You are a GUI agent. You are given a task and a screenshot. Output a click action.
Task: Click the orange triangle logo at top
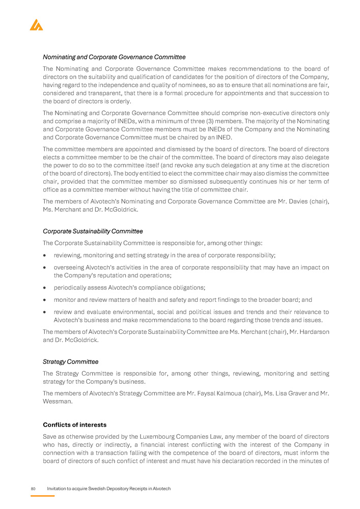(x=36, y=24)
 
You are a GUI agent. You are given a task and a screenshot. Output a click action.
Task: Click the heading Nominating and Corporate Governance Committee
(x=114, y=57)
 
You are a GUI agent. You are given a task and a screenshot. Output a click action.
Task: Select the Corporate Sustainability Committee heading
(x=93, y=231)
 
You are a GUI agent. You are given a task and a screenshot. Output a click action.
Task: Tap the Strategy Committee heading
(x=70, y=361)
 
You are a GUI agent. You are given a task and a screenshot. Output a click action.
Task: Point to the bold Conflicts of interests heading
(x=74, y=425)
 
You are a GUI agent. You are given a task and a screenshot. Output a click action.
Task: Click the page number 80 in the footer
(x=33, y=489)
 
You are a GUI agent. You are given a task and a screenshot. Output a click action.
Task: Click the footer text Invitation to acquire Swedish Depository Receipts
(x=108, y=489)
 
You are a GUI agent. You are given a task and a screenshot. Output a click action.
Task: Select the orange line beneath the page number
(x=42, y=495)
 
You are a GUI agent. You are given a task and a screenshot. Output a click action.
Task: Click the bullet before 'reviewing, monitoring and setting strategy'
(x=45, y=255)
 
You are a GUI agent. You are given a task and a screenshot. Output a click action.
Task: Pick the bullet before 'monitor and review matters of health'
(x=45, y=300)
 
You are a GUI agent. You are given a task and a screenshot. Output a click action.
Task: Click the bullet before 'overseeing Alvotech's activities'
(x=45, y=267)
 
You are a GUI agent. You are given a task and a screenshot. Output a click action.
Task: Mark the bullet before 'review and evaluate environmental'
(x=45, y=313)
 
